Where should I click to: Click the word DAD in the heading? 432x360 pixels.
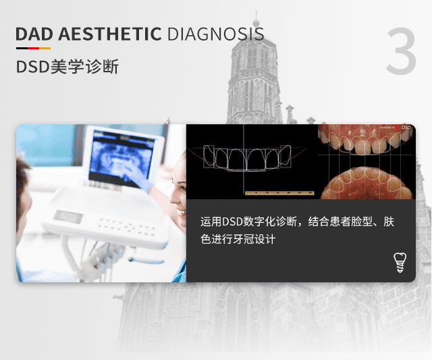pos(34,34)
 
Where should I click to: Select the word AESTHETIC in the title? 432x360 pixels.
pos(109,34)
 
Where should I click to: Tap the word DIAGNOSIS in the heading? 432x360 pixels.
pos(216,34)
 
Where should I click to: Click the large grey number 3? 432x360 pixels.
pos(401,51)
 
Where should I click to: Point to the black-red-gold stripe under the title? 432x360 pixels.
pos(33,48)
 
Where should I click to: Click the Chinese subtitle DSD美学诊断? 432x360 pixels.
pos(67,66)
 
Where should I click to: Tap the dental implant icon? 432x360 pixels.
pos(400,263)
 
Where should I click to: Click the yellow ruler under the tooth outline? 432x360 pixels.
pos(279,193)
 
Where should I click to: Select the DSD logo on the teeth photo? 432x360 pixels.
pos(406,128)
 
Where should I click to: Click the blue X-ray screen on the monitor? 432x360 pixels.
pos(122,155)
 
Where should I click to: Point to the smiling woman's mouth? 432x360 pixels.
pos(182,212)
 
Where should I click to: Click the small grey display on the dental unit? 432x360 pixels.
pos(68,216)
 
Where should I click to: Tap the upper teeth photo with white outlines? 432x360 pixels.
pos(365,140)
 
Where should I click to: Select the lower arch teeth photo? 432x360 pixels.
pos(367,183)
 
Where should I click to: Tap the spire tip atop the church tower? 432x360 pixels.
pos(256,13)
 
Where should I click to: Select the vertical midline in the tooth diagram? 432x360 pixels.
pos(244,159)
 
